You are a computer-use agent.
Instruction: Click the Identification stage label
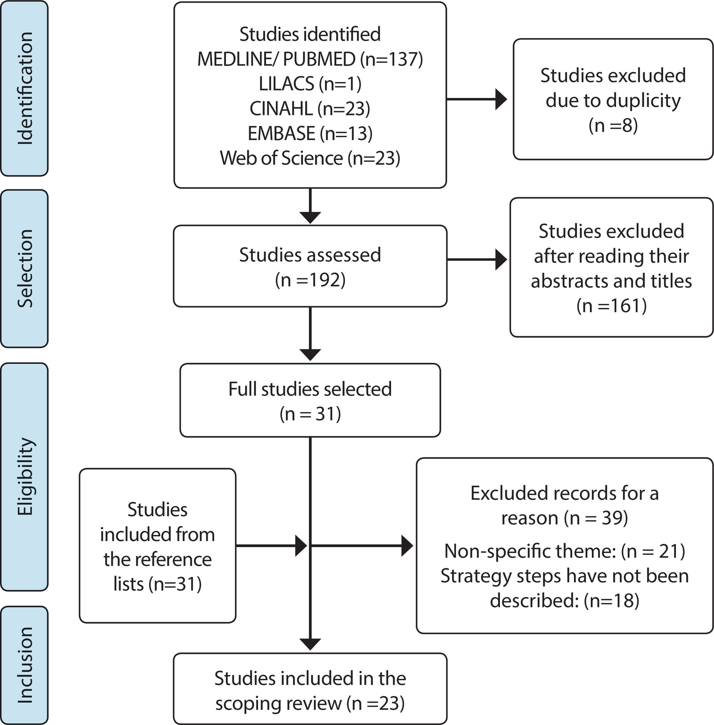[25, 88]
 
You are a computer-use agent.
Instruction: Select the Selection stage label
[25, 269]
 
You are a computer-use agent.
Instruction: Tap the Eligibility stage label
[25, 476]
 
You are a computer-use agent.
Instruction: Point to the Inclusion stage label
[25, 665]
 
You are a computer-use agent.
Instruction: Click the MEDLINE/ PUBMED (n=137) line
[310, 59]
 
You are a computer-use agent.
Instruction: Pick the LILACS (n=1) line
[310, 84]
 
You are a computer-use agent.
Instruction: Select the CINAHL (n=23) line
[310, 108]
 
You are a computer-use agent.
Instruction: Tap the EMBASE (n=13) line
[310, 133]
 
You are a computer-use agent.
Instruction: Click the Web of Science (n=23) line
[310, 158]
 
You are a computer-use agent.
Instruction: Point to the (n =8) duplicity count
[613, 125]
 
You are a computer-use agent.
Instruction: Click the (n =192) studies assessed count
[310, 280]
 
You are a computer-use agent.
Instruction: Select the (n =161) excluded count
[612, 305]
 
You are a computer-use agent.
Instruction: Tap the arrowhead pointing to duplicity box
[501, 99]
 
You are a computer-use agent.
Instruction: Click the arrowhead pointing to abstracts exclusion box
[501, 259]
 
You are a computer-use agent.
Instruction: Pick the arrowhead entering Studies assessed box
[310, 218]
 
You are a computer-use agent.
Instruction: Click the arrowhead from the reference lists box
[302, 546]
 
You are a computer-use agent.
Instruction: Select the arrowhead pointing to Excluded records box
[408, 546]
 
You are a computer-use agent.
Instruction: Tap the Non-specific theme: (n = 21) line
[565, 551]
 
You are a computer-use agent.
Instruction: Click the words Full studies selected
[310, 389]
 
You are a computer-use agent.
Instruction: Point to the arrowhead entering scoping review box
[310, 645]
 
